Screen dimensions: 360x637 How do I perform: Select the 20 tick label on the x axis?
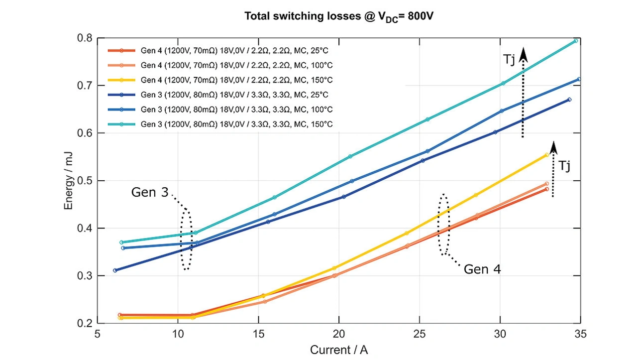(339, 334)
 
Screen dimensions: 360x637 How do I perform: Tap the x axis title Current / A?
(339, 350)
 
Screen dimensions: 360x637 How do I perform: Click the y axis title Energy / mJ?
(70, 180)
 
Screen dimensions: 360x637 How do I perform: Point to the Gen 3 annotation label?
(150, 192)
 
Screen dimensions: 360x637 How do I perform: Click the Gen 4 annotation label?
(482, 269)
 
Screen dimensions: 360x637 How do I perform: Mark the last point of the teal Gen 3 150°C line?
(575, 41)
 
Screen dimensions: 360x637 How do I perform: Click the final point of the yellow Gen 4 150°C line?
(546, 155)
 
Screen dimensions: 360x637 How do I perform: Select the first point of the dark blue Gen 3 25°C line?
(115, 270)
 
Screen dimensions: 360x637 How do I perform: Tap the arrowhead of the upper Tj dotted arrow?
(523, 54)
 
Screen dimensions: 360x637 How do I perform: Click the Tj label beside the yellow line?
(564, 165)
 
